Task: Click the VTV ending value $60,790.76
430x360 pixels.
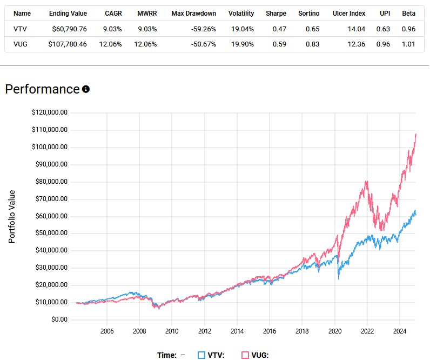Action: (x=68, y=29)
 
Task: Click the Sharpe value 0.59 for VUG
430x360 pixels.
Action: (x=279, y=44)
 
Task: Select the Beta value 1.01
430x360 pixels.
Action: (x=408, y=44)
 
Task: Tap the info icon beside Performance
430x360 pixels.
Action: (x=86, y=89)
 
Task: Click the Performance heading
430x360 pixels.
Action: (x=42, y=89)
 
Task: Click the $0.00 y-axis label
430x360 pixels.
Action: (x=56, y=319)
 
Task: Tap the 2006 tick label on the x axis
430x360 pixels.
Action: (x=106, y=331)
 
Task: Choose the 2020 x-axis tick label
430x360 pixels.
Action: (x=335, y=331)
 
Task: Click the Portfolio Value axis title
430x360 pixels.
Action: (x=12, y=216)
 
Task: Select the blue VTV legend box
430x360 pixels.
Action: (x=201, y=355)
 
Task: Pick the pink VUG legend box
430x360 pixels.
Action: (x=245, y=355)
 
